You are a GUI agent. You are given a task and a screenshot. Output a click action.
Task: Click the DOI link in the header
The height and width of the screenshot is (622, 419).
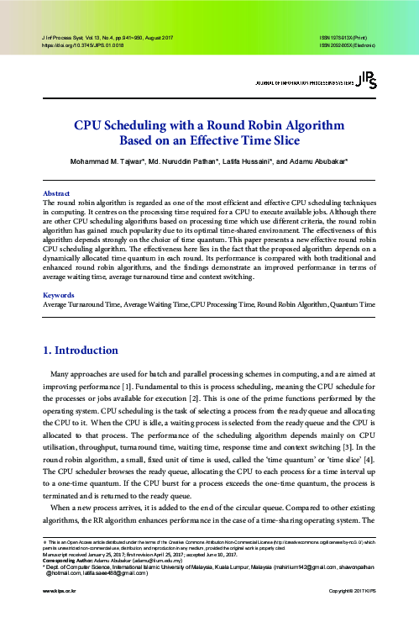82,46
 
